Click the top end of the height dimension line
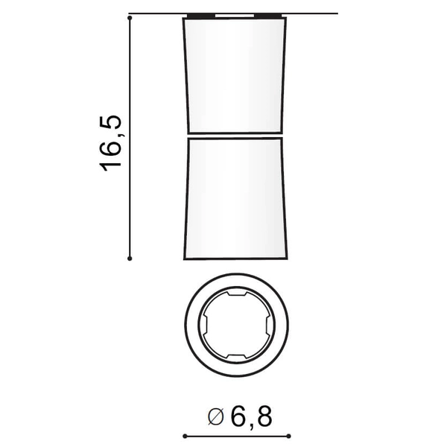pos(130,14)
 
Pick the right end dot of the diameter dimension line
pos(286,434)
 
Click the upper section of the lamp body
pos(234,74)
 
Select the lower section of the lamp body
pos(234,197)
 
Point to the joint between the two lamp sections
pos(234,135)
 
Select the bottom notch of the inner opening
pos(234,355)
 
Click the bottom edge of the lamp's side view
pos(234,259)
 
